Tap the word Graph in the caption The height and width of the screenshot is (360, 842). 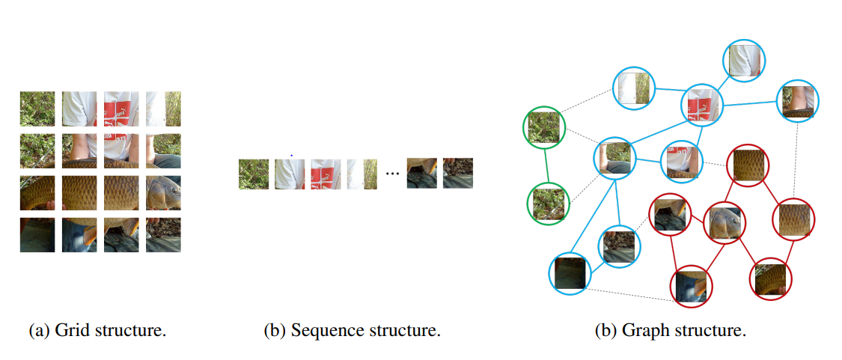(638, 331)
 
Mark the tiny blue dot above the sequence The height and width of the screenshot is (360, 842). (292, 155)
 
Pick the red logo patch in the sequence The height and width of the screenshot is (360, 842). (326, 174)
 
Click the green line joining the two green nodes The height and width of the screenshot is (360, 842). (546, 165)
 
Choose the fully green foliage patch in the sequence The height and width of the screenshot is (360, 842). (254, 174)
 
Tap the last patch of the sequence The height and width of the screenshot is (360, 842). (457, 173)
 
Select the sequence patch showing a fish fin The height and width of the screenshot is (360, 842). (421, 173)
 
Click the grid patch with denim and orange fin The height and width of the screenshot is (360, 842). (121, 235)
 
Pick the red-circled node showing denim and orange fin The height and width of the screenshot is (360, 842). (691, 287)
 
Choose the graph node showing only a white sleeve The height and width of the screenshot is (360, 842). (744, 61)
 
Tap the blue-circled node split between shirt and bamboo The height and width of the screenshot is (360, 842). (634, 88)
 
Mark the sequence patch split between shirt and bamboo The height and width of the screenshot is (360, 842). (362, 174)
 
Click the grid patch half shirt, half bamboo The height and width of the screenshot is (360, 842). (163, 109)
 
